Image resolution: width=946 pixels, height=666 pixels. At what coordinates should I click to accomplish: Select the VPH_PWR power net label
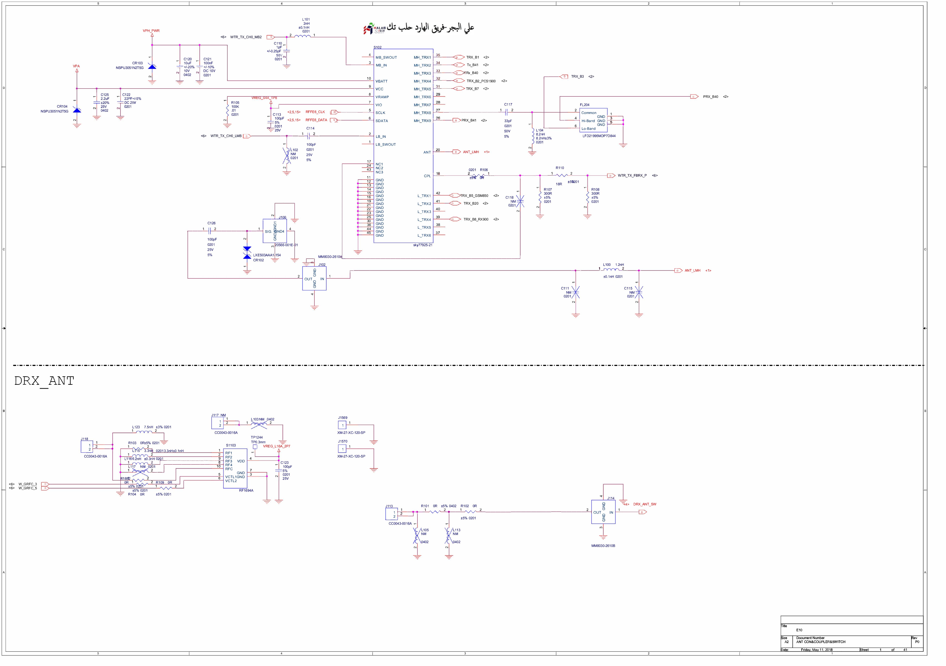point(151,31)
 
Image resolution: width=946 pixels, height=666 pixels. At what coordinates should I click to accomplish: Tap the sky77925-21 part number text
point(423,245)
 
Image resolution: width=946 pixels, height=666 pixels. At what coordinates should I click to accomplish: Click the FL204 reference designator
point(584,105)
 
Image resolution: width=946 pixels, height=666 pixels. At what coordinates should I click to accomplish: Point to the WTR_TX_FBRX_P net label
point(632,176)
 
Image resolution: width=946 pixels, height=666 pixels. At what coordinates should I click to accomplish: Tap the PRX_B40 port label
point(710,97)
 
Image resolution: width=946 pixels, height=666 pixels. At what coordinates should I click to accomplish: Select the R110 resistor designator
point(560,168)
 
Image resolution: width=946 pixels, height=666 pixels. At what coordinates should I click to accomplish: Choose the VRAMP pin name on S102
point(382,97)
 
